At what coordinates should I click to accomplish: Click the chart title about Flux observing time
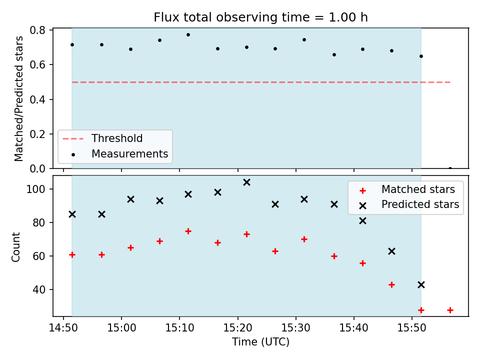[260, 17]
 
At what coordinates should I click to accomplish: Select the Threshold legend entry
[102, 138]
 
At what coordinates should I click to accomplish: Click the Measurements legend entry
[120, 153]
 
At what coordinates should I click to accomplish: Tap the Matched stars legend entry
[407, 189]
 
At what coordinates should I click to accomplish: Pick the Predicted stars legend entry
[409, 204]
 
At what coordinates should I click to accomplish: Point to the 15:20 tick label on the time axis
[237, 328]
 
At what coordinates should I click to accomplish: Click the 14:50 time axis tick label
[63, 328]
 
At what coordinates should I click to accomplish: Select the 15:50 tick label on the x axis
[411, 328]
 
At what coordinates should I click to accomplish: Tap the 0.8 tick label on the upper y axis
[37, 30]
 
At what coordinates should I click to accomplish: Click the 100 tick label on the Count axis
[35, 189]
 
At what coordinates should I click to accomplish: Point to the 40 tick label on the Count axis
[39, 289]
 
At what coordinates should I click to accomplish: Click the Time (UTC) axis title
[260, 342]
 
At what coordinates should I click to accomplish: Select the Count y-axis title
[15, 247]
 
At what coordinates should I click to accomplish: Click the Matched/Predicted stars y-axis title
[18, 98]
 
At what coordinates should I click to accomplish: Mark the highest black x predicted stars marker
[246, 182]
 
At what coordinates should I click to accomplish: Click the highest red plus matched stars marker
[188, 231]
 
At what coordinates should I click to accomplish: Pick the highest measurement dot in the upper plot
[188, 35]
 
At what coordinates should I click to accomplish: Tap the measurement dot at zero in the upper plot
[450, 168]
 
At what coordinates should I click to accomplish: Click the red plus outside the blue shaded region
[450, 310]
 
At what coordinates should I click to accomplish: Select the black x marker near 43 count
[421, 284]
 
